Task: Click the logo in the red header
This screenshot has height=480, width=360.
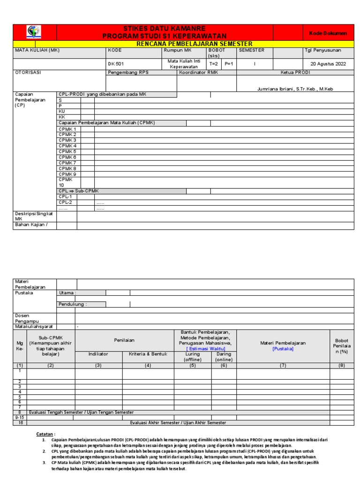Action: coord(34,32)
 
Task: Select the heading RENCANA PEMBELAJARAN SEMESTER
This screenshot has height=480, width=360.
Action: coord(194,43)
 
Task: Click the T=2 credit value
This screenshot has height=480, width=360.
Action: coord(214,64)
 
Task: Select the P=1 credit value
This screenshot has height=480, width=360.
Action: coord(228,64)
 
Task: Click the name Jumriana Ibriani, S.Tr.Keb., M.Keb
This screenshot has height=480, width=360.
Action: coord(295,89)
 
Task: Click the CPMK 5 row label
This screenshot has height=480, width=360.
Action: coord(67,151)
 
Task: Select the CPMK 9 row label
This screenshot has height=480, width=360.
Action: coord(67,174)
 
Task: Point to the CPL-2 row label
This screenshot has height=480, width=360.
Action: coord(65,202)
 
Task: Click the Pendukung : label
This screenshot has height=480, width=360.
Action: coord(73,304)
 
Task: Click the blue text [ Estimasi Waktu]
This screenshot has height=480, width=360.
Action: coord(205,349)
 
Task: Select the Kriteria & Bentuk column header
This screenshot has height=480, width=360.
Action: coord(148,354)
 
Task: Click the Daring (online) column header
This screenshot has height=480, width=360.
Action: coord(224,357)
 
